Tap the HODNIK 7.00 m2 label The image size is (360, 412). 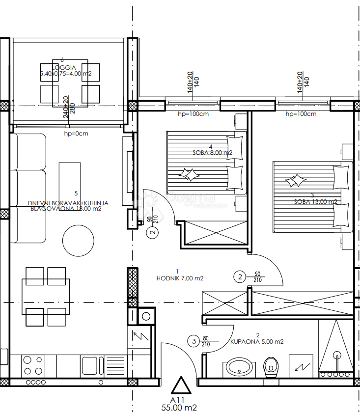(x=180, y=278)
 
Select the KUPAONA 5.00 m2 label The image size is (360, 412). (x=257, y=342)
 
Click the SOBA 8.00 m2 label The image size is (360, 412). (x=213, y=153)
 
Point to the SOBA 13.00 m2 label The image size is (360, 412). (x=315, y=202)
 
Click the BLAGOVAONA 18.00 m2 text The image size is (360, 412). (x=66, y=208)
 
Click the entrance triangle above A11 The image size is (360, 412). (x=180, y=385)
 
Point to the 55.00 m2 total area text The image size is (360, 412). (x=180, y=407)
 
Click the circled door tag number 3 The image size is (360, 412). (x=194, y=340)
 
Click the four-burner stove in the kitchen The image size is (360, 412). (x=33, y=366)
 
